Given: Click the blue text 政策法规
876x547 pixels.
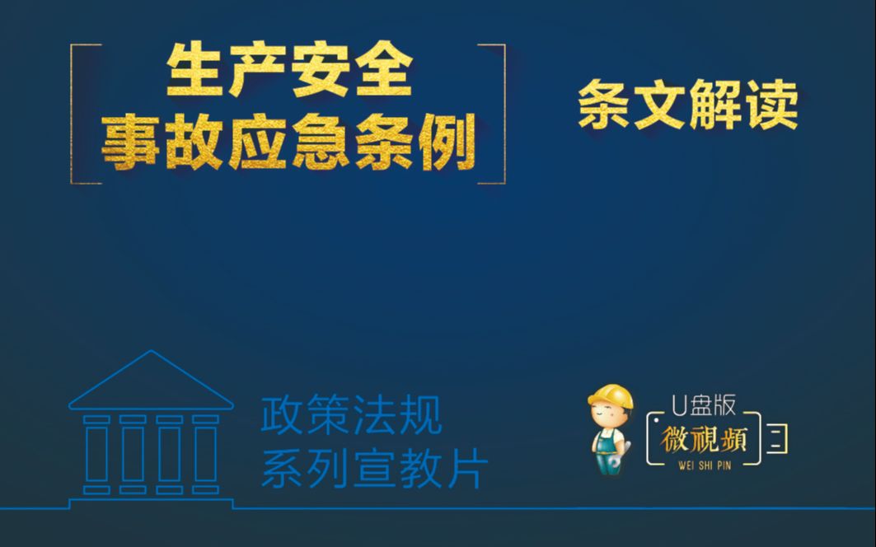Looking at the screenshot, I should [351, 416].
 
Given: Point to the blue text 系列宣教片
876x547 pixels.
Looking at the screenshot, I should [375, 469].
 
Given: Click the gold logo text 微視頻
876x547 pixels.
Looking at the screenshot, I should [703, 440].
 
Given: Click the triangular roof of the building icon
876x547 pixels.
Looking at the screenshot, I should [151, 383].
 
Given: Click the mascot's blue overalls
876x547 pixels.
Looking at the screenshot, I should [608, 451].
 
